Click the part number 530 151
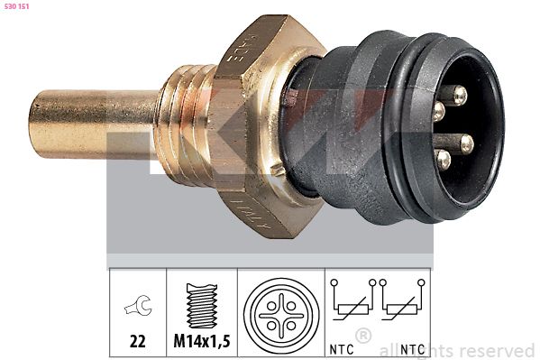tap(19, 6)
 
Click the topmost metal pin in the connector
tap(460, 94)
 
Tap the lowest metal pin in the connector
tap(444, 159)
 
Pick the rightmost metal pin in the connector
tap(466, 142)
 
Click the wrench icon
tap(138, 309)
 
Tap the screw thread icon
tap(202, 305)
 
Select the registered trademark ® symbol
tap(363, 335)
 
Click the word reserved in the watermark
tap(500, 350)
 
